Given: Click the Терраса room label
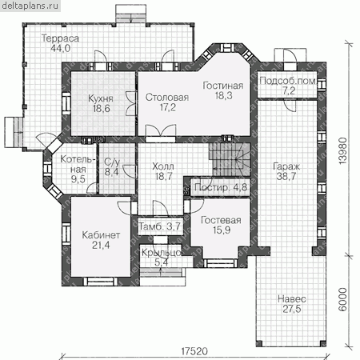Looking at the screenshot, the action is (x=60, y=38).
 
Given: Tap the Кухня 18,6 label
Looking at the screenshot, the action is (x=101, y=103).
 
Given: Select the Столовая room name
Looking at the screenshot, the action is (x=167, y=98).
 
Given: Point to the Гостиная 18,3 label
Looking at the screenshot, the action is (x=223, y=90).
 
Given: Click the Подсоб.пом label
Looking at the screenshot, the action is (x=288, y=81).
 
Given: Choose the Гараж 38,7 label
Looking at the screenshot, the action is (x=286, y=171).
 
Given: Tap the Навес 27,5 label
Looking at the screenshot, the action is (x=292, y=304).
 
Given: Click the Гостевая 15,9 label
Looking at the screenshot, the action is (x=221, y=225).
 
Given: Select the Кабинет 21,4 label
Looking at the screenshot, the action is (x=101, y=240).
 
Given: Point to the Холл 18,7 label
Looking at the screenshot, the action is (x=163, y=171).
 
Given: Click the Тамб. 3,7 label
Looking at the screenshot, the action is (x=160, y=226).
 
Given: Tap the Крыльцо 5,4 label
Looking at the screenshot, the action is (x=162, y=258).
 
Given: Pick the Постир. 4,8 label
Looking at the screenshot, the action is (x=221, y=187).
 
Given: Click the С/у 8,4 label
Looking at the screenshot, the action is (x=112, y=167).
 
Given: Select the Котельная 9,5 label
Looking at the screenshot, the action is (x=78, y=169).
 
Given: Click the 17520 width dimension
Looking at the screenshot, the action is (x=194, y=351).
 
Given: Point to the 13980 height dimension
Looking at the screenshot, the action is (x=343, y=150).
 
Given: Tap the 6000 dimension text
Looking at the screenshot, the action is (x=343, y=299).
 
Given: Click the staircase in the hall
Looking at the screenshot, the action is (x=230, y=159).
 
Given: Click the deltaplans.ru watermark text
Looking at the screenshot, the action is (x=30, y=6).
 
